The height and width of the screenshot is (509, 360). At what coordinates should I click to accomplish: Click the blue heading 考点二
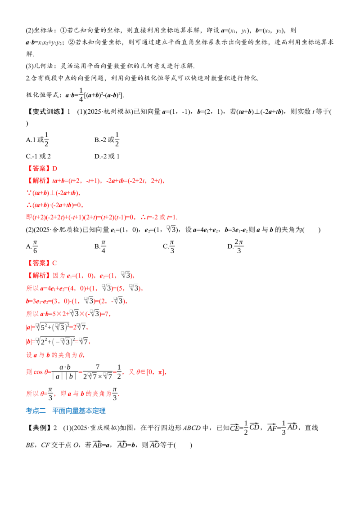[36, 411]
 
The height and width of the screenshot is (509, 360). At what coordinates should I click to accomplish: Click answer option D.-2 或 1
[107, 156]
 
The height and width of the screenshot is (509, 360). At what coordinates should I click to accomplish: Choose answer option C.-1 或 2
[38, 156]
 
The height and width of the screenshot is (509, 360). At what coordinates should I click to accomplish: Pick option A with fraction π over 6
[32, 246]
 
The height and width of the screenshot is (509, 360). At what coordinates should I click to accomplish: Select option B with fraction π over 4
[100, 246]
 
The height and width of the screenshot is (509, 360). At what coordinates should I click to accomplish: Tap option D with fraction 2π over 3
[235, 246]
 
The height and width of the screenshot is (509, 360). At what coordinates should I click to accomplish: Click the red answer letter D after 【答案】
[54, 169]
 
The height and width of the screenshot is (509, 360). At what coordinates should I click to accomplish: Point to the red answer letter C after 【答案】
[54, 263]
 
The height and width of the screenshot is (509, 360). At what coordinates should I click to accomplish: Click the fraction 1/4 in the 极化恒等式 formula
[81, 95]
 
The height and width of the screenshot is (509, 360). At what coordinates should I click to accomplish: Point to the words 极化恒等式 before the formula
[42, 95]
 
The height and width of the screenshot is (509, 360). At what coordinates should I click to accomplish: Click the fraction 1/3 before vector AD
[283, 428]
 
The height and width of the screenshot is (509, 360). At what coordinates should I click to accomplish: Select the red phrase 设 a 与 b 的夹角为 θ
[55, 355]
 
